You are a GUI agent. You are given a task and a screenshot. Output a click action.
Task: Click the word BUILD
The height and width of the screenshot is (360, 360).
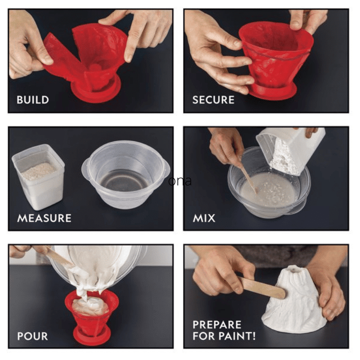pos(33,100)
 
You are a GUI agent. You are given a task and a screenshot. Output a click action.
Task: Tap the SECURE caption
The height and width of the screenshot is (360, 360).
pos(213,100)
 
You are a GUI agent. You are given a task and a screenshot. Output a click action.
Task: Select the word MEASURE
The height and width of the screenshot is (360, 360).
pos(44,218)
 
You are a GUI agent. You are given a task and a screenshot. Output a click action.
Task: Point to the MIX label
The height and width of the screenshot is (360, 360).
pos(204,218)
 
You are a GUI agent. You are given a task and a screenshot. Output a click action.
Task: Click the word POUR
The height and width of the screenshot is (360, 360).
pos(32,336)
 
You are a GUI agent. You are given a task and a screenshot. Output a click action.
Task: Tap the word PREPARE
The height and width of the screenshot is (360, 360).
pos(217,325)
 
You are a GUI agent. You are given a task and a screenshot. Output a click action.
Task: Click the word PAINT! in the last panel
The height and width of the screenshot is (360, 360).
pos(237,336)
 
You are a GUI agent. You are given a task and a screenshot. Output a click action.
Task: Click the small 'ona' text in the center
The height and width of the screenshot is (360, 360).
pos(180,181)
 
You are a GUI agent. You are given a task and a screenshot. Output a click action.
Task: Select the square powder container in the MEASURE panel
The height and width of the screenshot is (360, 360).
pos(38,177)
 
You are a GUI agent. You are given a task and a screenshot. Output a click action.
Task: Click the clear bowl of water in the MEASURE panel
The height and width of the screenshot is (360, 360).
pos(126,175)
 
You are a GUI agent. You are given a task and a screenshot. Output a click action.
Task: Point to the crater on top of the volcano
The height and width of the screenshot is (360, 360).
pos(295,269)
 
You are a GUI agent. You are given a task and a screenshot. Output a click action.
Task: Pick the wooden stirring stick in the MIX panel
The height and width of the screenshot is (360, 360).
pos(247,177)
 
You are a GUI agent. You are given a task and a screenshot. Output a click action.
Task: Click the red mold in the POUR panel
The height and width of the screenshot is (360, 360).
pos(92,316)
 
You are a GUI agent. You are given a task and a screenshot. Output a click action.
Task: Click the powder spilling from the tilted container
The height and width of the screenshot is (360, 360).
pos(283,156)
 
